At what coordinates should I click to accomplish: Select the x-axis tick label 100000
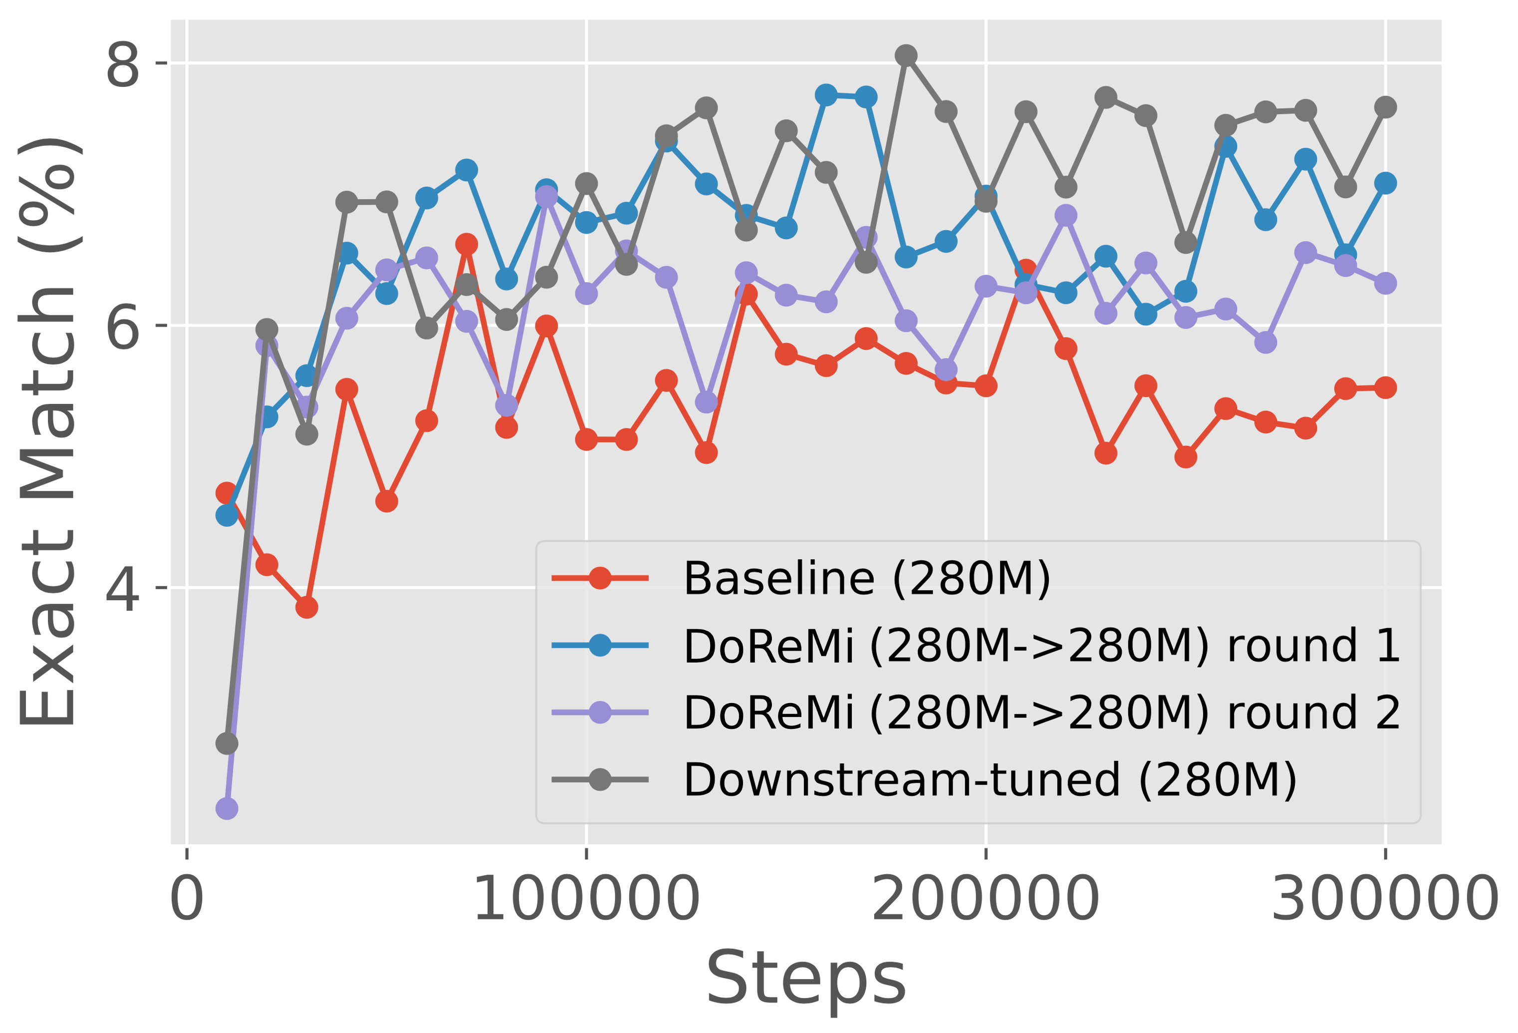tap(586, 900)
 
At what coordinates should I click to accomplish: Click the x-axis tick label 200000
tap(986, 900)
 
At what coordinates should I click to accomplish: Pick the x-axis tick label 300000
tap(1385, 900)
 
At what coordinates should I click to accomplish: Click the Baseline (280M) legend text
tap(867, 579)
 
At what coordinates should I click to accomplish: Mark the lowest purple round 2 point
tap(227, 809)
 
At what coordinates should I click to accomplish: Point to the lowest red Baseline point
tap(306, 608)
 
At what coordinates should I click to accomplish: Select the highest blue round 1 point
tap(826, 95)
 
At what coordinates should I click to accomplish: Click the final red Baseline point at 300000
tap(1385, 388)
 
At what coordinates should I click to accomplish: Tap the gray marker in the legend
tap(600, 779)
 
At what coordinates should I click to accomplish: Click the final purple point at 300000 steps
tap(1385, 284)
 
